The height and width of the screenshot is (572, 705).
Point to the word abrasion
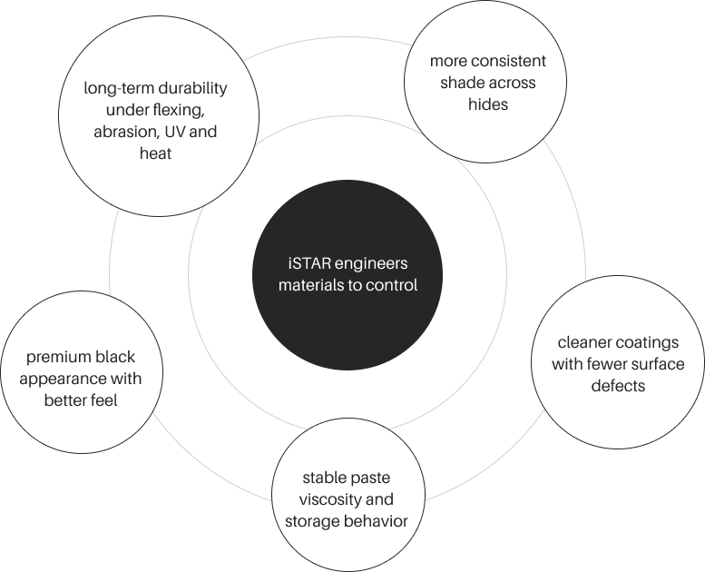(129, 133)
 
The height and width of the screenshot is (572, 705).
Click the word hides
(489, 104)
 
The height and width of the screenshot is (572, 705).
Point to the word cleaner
(583, 344)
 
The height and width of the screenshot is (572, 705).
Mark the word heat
(155, 154)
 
